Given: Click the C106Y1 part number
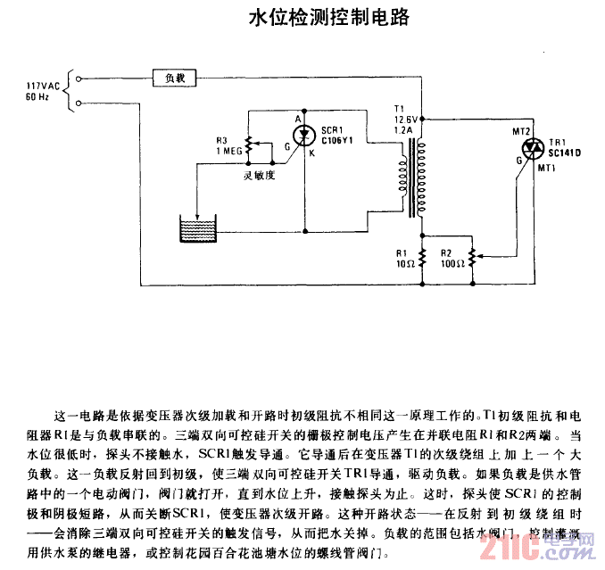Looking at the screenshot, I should point(337,139).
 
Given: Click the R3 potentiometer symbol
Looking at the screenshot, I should point(247,145).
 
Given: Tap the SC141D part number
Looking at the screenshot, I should point(566,152).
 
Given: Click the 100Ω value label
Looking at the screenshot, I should point(451,264).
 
